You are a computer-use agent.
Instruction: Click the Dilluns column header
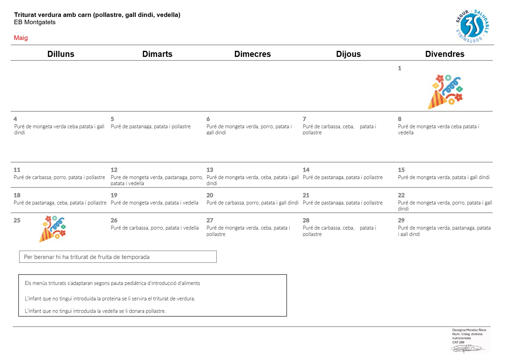[61, 54]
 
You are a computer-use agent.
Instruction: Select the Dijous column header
[348, 54]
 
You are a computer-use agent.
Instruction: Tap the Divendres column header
[445, 54]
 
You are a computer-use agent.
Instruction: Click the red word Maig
[21, 38]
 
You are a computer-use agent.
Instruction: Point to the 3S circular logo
[472, 26]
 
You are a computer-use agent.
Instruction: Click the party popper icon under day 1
[445, 92]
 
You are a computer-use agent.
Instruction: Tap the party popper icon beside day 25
[53, 229]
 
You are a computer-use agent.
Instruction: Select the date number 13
[210, 170]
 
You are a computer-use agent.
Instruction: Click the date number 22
[401, 195]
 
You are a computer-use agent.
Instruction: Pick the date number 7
[305, 119]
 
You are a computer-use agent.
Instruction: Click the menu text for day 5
[151, 126]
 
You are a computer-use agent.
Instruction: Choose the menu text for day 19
[155, 203]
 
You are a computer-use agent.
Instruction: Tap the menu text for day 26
[155, 228]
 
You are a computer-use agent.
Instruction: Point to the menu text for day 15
[444, 178]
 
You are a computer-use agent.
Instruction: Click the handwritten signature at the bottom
[468, 349]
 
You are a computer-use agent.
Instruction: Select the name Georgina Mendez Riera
[469, 330]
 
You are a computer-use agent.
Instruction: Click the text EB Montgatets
[35, 22]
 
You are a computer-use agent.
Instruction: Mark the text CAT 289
[458, 342]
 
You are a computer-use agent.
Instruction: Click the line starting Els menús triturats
[113, 283]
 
